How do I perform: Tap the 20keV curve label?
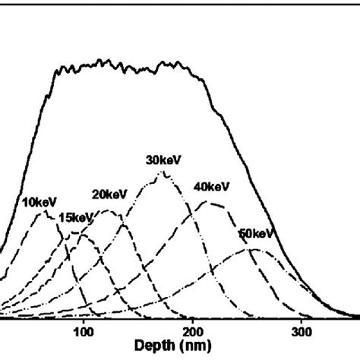(109, 194)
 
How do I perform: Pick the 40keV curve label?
(212, 186)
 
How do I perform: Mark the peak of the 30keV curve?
(161, 174)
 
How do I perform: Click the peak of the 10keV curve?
(44, 213)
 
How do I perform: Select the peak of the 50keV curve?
(250, 250)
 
